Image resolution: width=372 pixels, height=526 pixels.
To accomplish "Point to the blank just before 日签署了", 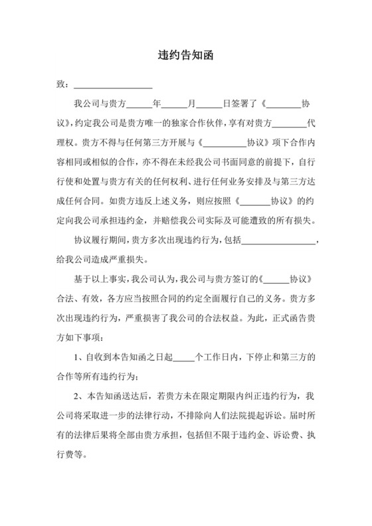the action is [209, 105].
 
